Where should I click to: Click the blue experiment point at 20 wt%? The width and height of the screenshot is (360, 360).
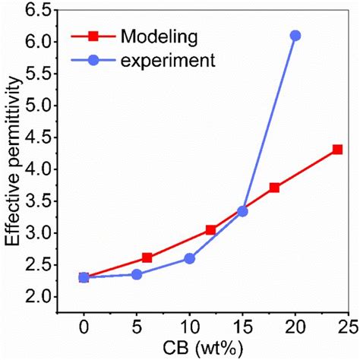[x=295, y=36]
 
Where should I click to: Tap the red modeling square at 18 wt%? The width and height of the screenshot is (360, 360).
[x=274, y=188]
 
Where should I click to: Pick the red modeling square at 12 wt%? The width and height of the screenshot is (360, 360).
[x=211, y=229]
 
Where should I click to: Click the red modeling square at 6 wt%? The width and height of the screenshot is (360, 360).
[x=147, y=257]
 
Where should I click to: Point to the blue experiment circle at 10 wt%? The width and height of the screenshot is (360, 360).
[x=190, y=258]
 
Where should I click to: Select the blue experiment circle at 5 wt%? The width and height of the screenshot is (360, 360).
[x=137, y=274]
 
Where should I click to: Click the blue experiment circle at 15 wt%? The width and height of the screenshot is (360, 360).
[x=242, y=211]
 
